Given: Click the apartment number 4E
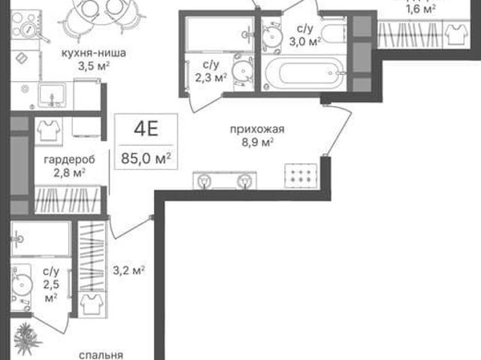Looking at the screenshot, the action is pyautogui.click(x=146, y=129).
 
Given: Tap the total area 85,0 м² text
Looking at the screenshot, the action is pyautogui.click(x=146, y=159).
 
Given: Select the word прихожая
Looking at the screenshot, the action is pyautogui.click(x=257, y=129).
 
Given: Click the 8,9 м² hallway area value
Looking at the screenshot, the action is pyautogui.click(x=257, y=143).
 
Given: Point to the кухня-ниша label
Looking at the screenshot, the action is pyautogui.click(x=93, y=53).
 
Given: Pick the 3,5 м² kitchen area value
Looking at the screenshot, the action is pyautogui.click(x=94, y=66).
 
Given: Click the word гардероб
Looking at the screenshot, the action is pyautogui.click(x=69, y=159).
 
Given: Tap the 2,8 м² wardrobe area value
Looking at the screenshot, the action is pyautogui.click(x=69, y=173).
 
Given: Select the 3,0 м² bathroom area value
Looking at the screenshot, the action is pyautogui.click(x=305, y=41).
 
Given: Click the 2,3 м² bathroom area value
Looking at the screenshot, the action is pyautogui.click(x=211, y=77).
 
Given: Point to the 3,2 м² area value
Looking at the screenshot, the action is pyautogui.click(x=129, y=271).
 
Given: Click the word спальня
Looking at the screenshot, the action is pyautogui.click(x=101, y=355).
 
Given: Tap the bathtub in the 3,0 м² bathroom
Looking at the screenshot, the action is pyautogui.click(x=304, y=73).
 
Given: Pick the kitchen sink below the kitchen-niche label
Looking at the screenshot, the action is pyautogui.click(x=52, y=95).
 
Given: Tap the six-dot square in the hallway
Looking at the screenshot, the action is pyautogui.click(x=301, y=175).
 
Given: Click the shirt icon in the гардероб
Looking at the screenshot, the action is pyautogui.click(x=48, y=130).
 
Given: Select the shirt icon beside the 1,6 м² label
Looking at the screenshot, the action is pyautogui.click(x=456, y=35).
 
